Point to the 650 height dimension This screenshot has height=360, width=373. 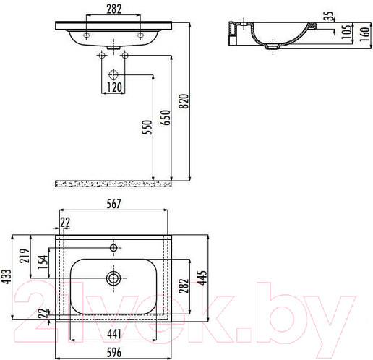click(167, 119)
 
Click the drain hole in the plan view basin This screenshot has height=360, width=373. click(113, 276)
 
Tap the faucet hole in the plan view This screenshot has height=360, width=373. click(113, 247)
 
